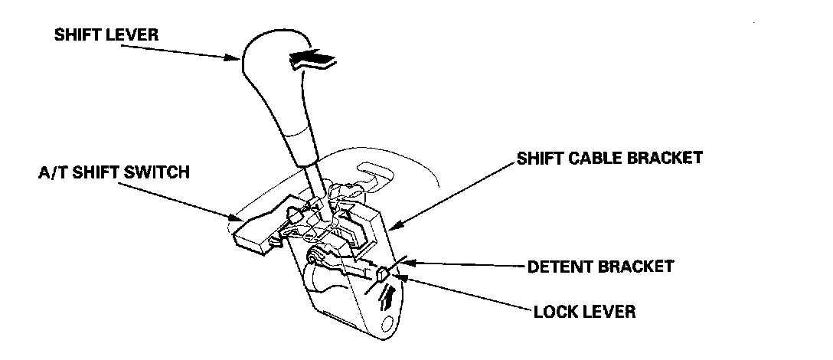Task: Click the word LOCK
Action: tap(552, 312)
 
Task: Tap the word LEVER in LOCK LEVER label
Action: tap(608, 312)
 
